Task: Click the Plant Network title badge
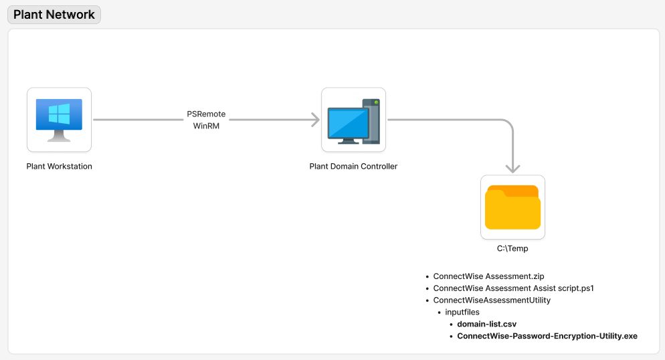click(x=54, y=15)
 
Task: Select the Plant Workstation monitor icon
click(x=59, y=120)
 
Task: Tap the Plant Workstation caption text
click(x=59, y=167)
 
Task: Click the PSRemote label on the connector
click(x=206, y=114)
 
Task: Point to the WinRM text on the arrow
click(x=206, y=126)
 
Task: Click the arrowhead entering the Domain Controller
click(x=314, y=120)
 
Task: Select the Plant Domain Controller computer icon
click(x=353, y=120)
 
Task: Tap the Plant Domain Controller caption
click(x=353, y=167)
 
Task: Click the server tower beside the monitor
click(x=371, y=120)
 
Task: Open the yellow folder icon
click(x=512, y=207)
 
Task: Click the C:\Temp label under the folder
click(x=512, y=248)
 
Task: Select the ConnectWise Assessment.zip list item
click(x=488, y=276)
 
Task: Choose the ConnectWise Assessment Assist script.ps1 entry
click(x=513, y=288)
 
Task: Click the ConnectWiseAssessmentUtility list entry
click(x=492, y=300)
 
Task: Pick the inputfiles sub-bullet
click(x=462, y=312)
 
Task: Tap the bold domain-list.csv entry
click(x=486, y=324)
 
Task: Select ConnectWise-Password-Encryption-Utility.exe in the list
click(x=547, y=336)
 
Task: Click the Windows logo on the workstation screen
click(x=59, y=114)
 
